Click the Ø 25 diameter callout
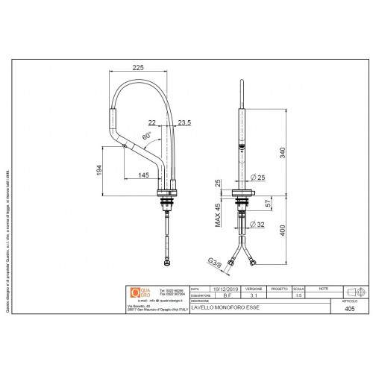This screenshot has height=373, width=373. (x=258, y=176)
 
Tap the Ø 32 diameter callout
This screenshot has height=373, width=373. (x=258, y=224)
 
